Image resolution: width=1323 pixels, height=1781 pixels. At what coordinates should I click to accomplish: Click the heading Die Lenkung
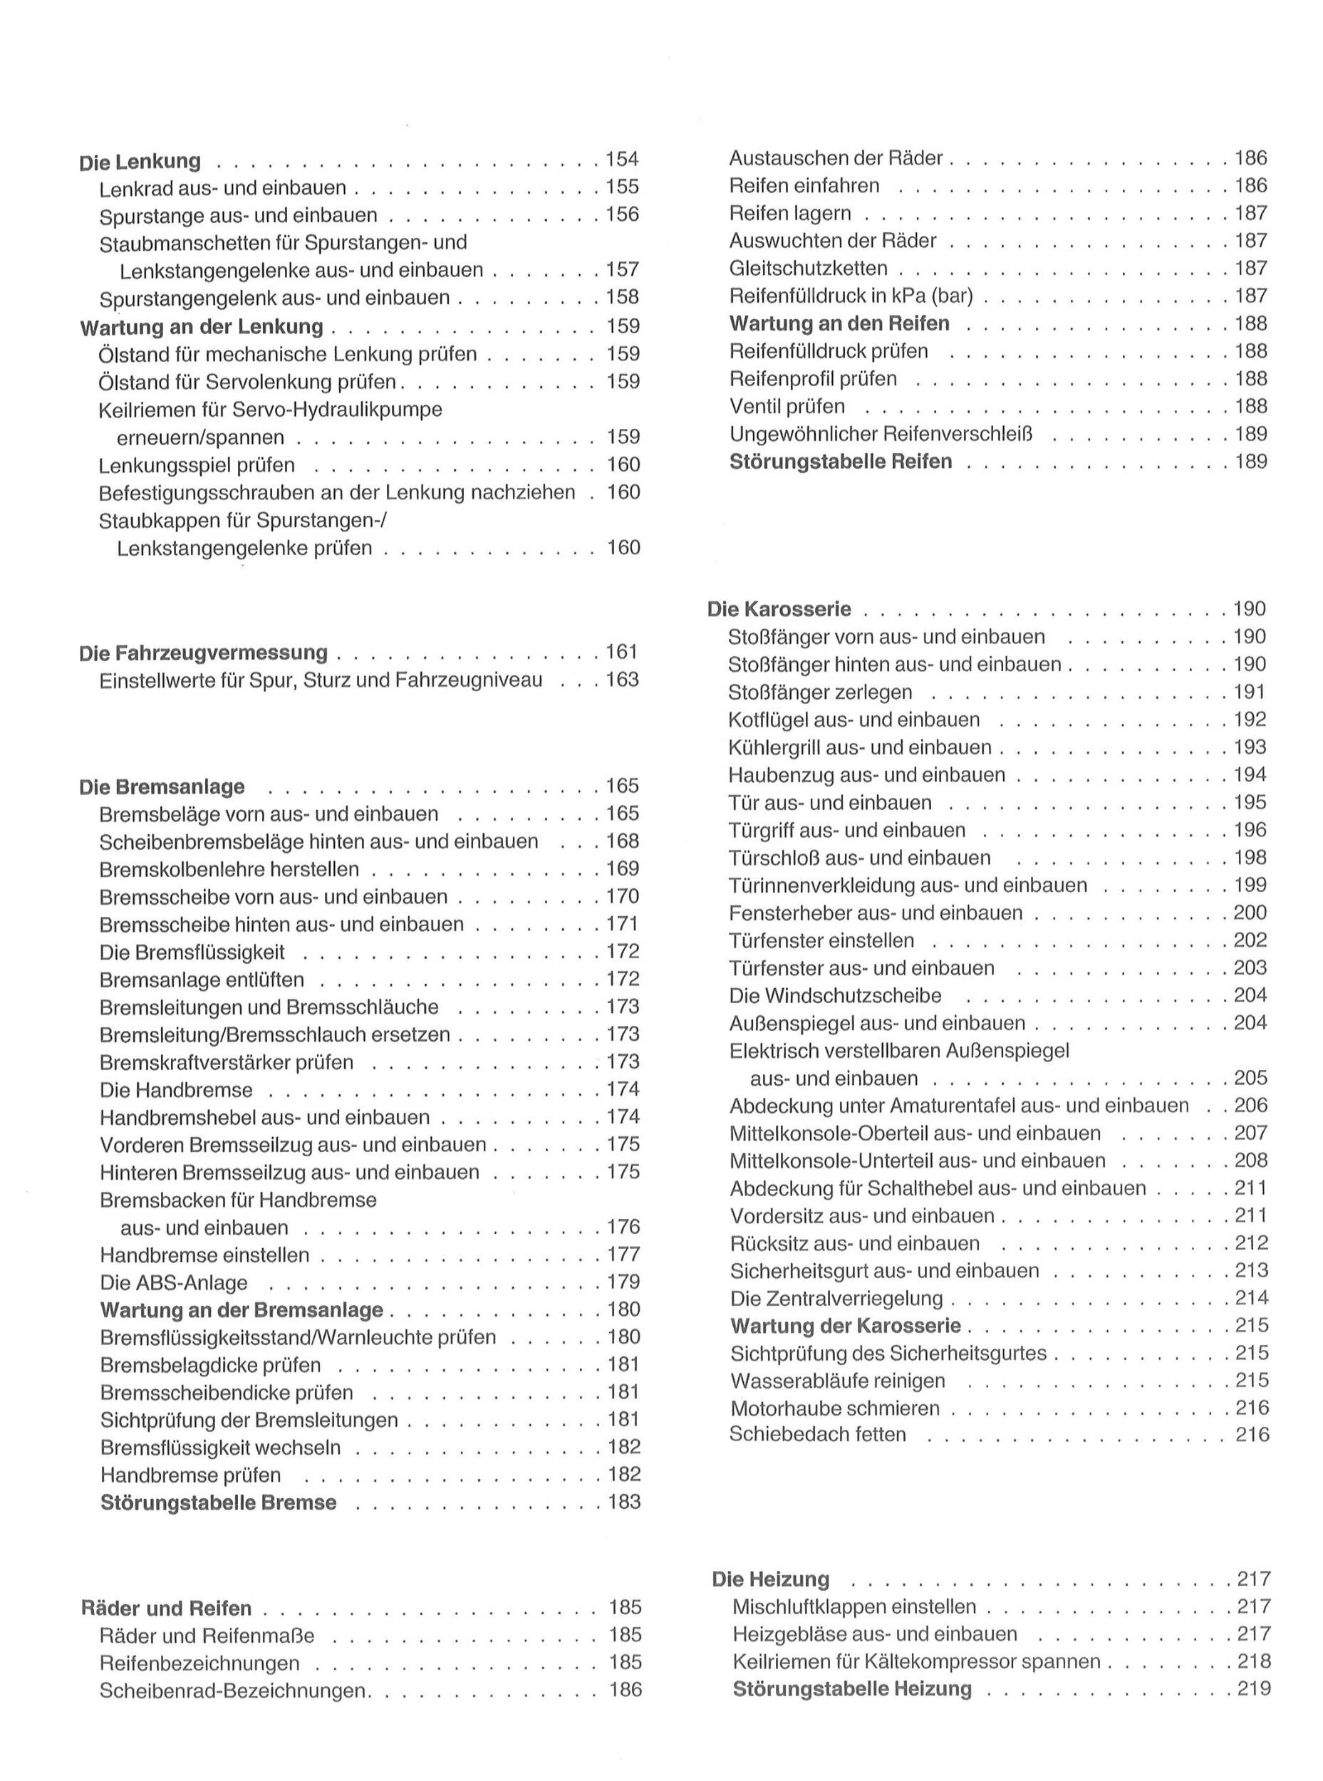click(140, 161)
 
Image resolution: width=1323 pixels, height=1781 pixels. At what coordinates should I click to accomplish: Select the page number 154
click(622, 159)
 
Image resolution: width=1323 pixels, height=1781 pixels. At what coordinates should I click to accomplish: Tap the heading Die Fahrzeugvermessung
click(204, 653)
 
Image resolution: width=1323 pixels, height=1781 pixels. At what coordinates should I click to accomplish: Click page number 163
click(622, 680)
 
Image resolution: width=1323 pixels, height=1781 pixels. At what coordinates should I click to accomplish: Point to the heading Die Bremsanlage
click(162, 786)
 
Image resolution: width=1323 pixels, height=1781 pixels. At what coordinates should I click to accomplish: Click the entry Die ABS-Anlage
click(174, 1282)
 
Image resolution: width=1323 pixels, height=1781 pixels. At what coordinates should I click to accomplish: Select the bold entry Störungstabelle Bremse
click(218, 1502)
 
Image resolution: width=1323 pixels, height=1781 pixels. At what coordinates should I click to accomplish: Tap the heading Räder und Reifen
click(167, 1608)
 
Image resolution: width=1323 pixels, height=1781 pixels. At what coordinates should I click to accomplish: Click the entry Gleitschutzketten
click(808, 269)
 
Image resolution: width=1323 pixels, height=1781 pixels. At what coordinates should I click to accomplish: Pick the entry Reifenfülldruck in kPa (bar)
click(851, 296)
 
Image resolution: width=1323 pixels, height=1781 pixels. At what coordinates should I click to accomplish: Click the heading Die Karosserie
click(779, 609)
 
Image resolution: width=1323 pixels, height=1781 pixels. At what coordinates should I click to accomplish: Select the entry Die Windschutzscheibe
click(835, 995)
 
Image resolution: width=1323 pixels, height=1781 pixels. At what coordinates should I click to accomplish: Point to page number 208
click(1251, 1160)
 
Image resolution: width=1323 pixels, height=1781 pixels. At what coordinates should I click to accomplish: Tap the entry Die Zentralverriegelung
click(836, 1298)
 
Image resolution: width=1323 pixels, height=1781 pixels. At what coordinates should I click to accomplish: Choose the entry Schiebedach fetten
click(817, 1434)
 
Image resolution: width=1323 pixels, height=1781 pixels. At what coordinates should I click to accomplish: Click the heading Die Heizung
click(770, 1579)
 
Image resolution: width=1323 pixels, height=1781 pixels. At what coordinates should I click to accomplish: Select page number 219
click(1254, 1689)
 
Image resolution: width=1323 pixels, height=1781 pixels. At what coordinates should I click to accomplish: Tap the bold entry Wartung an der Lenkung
click(202, 327)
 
